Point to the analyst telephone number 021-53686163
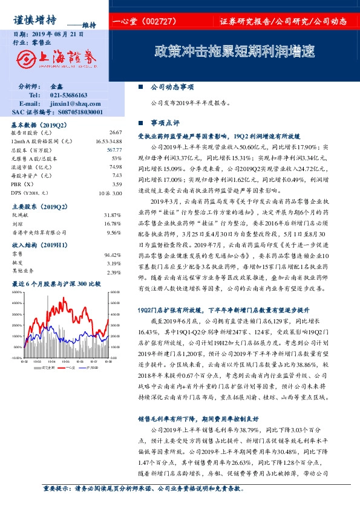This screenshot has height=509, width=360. tap(68, 96)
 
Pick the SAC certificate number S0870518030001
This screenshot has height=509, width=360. tap(74, 112)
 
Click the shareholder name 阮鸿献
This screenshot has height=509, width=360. tap(21, 215)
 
